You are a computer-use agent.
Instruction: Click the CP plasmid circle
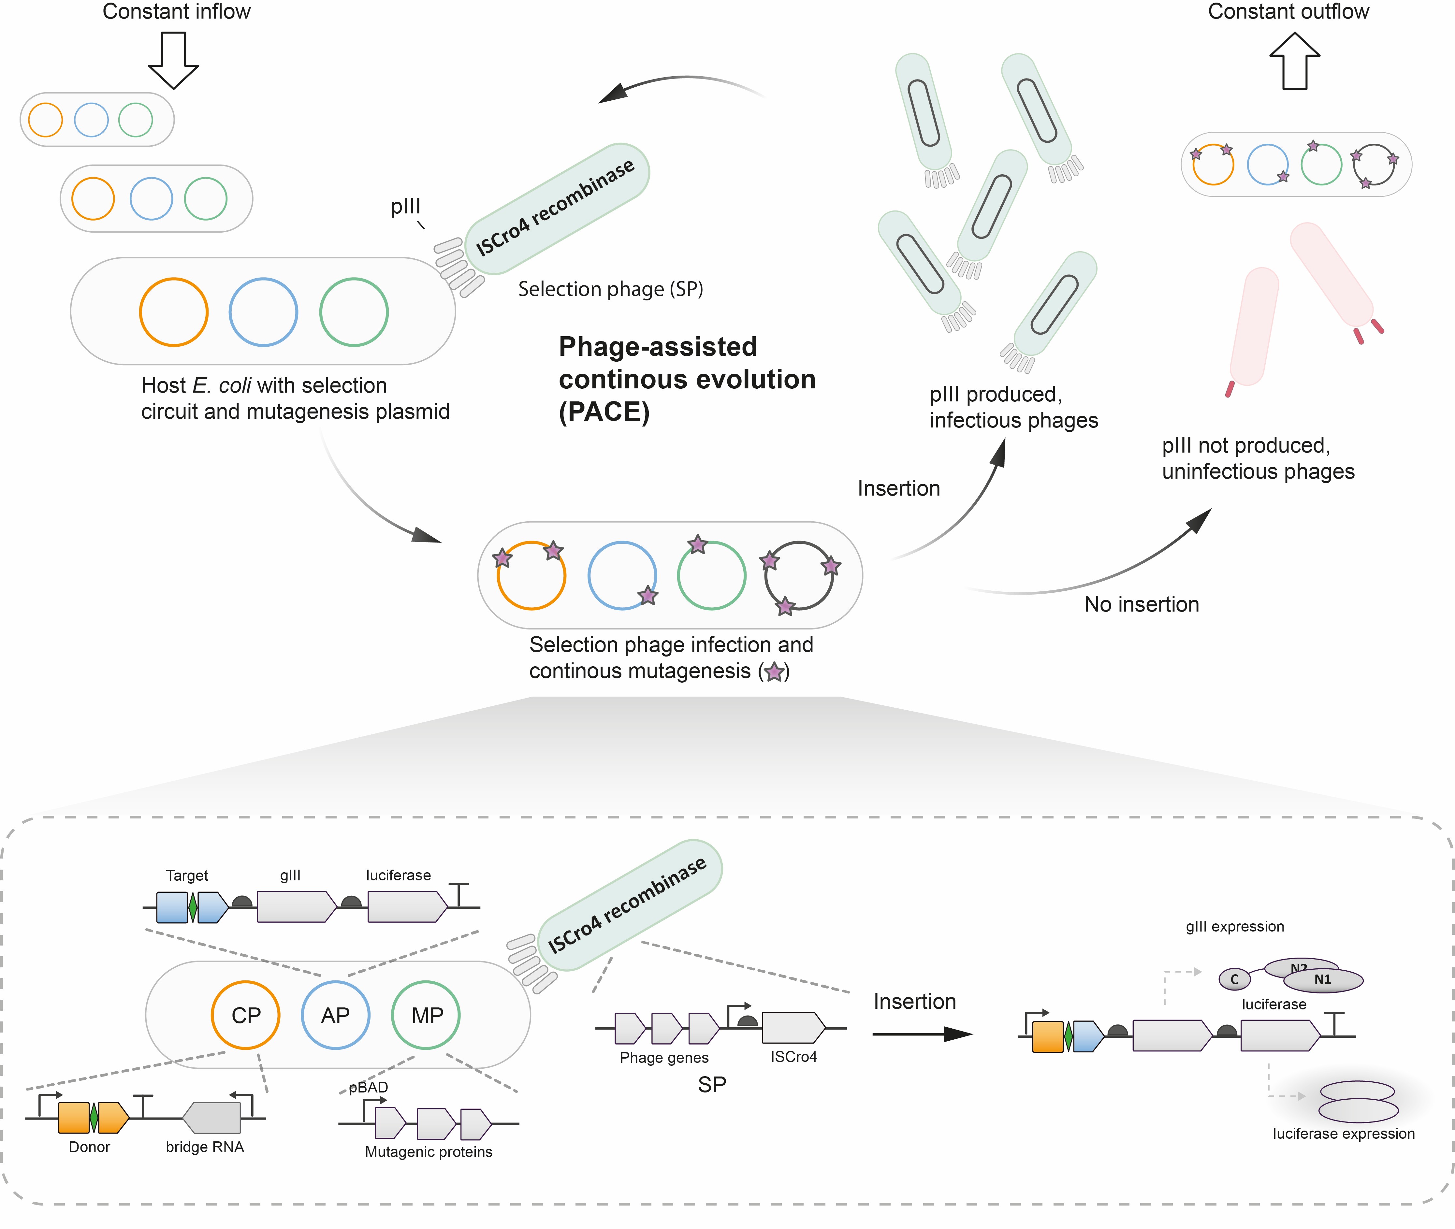tap(245, 1015)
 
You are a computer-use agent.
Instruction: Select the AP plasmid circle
tap(335, 1015)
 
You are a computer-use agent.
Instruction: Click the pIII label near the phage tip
tap(406, 206)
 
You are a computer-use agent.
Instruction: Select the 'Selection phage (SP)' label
tap(610, 289)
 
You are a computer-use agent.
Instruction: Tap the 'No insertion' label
tap(1142, 604)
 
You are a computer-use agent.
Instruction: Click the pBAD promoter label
tap(369, 1087)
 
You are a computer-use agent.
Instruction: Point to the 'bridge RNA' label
tap(205, 1147)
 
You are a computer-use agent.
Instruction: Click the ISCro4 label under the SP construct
tap(794, 1056)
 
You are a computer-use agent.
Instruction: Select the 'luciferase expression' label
tap(1344, 1134)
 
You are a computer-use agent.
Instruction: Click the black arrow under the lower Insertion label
tap(921, 1034)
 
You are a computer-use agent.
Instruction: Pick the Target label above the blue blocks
tap(187, 875)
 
